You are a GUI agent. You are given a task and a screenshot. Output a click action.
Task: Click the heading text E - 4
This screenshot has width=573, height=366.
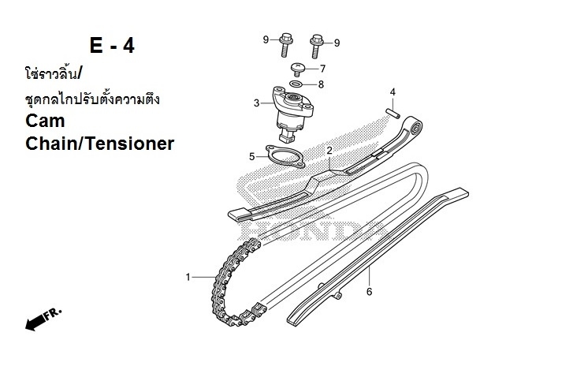pyautogui.click(x=111, y=46)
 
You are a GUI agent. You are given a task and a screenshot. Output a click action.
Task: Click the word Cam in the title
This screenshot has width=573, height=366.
pyautogui.click(x=45, y=121)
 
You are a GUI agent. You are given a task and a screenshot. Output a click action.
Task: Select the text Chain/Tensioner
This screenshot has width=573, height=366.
pyautogui.click(x=99, y=144)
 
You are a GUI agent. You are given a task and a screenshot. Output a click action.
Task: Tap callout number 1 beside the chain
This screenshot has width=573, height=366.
pyautogui.click(x=188, y=277)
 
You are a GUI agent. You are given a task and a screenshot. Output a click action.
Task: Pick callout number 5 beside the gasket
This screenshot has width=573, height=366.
pyautogui.click(x=252, y=156)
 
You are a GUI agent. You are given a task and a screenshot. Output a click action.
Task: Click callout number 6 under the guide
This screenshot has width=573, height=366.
pyautogui.click(x=369, y=291)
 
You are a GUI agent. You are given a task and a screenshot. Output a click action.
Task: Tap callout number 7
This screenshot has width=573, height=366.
pyautogui.click(x=322, y=69)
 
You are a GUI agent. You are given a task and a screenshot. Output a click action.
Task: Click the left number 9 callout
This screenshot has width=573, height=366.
pyautogui.click(x=266, y=39)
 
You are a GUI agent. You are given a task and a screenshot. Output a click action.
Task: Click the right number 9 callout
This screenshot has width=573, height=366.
pyautogui.click(x=337, y=42)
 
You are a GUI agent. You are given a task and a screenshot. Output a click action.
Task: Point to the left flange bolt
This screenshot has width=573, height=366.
pyautogui.click(x=283, y=44)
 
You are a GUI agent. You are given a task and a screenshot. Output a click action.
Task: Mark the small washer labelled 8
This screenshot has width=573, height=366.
pyautogui.click(x=296, y=83)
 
